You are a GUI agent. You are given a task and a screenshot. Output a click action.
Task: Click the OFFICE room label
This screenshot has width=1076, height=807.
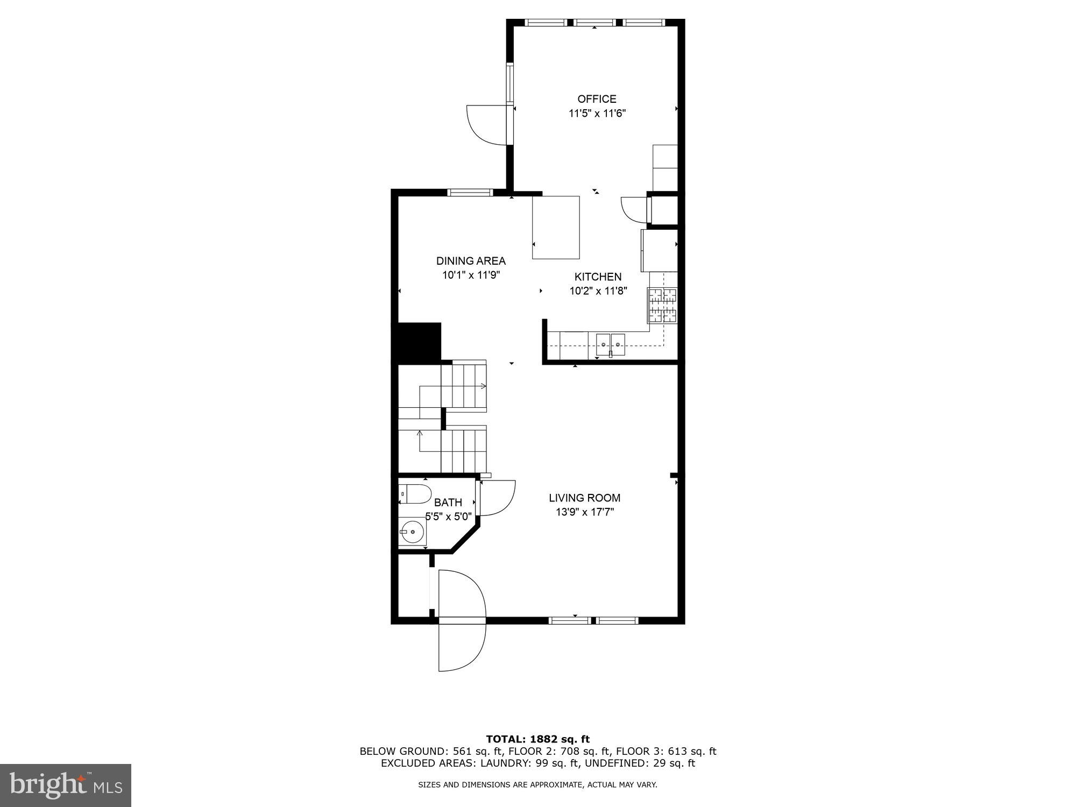coord(597,99)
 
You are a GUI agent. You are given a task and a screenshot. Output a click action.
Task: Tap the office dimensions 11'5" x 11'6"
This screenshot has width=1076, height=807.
coord(597,114)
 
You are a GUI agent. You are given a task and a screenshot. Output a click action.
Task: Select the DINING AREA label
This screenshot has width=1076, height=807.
coord(471,261)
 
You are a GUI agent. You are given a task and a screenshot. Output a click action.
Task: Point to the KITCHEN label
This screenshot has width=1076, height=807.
coord(598,277)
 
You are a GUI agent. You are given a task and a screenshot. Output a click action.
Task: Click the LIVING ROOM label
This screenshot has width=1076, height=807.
coord(584,498)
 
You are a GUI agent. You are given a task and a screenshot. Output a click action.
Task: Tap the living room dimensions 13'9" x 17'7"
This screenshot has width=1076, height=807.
coord(585,512)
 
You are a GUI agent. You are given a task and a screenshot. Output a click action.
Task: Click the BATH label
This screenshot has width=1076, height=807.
coord(448,502)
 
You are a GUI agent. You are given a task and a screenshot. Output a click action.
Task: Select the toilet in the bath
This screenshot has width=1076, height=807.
coord(415,493)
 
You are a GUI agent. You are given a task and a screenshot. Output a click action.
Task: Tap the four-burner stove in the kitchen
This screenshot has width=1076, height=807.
coord(662,306)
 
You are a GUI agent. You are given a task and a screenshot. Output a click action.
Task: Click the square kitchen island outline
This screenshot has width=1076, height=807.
coord(556,228)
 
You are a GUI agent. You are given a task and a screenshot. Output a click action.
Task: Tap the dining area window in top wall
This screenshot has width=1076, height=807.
coord(471,193)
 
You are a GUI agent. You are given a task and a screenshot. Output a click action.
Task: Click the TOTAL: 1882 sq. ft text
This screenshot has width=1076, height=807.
coord(537,739)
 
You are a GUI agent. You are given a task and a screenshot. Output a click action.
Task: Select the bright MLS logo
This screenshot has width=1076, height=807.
coord(65,785)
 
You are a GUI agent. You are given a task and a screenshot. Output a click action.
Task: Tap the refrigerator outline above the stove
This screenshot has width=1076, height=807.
coord(659,251)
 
